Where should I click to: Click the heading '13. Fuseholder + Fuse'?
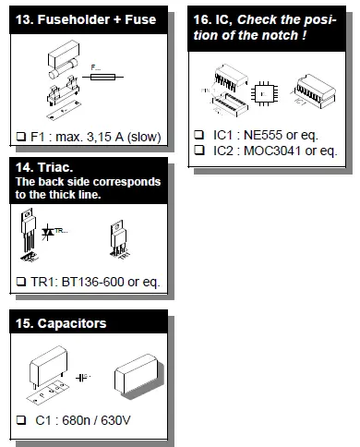click(84, 19)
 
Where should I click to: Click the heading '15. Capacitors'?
click(63, 323)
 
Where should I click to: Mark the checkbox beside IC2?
click(199, 150)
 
